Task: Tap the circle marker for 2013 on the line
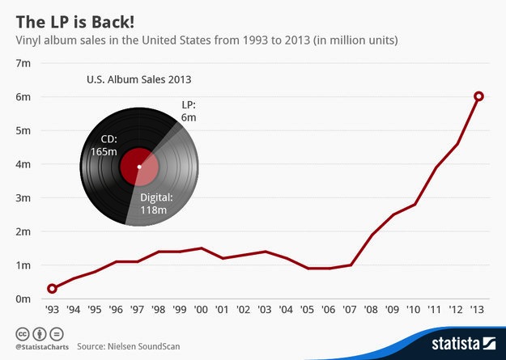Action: coord(478,96)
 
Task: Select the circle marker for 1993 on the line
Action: coord(53,288)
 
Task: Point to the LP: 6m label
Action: coord(188,112)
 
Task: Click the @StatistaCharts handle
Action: coord(37,346)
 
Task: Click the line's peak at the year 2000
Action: coord(202,248)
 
